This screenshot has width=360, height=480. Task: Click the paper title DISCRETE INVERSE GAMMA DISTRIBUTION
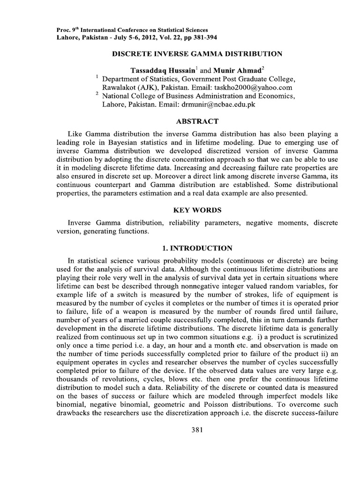pyautogui.click(x=196, y=54)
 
